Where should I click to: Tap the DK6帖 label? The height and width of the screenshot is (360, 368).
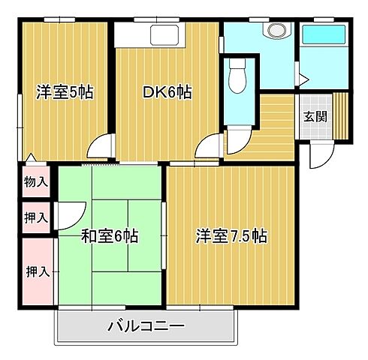click(x=167, y=93)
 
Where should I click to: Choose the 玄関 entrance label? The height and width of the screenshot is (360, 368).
click(x=315, y=117)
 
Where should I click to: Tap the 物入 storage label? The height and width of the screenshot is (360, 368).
click(x=35, y=181)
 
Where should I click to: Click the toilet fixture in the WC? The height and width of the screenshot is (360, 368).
click(x=237, y=77)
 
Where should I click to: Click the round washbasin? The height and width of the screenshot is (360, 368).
click(x=273, y=31)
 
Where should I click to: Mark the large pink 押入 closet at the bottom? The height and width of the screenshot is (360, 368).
click(x=37, y=271)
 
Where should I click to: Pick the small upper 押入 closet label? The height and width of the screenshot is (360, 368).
click(x=35, y=218)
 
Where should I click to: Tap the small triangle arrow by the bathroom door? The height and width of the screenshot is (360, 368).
click(x=301, y=78)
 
